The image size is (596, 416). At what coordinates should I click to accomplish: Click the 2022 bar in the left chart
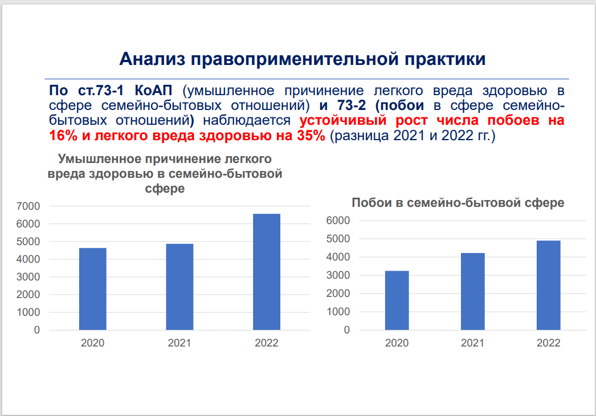point(267,272)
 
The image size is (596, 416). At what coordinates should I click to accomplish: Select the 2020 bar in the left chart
point(93,289)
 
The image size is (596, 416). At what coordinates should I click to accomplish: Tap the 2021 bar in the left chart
point(180,287)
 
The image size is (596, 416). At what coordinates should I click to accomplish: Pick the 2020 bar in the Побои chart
point(397,300)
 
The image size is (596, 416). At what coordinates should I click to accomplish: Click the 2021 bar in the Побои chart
point(473,292)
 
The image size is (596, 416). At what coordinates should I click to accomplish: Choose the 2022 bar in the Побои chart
point(549,285)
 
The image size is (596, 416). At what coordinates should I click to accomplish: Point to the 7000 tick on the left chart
point(28,206)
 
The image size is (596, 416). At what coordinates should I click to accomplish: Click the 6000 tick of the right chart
point(338,221)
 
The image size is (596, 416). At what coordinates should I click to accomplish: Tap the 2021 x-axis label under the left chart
point(179,343)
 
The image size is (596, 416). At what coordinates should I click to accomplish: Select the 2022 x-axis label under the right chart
point(549,343)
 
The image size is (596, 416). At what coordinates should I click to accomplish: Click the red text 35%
point(311,136)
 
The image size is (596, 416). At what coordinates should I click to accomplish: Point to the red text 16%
point(63,136)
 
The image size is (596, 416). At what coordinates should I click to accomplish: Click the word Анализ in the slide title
point(153,59)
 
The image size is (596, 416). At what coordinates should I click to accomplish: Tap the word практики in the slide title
point(445,59)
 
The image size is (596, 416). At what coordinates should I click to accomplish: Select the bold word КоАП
point(153,91)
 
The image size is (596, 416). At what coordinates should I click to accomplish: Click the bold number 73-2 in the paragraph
point(352,105)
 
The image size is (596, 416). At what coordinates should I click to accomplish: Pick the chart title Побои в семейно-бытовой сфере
point(458,203)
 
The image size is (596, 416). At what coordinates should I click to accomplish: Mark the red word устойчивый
point(343,120)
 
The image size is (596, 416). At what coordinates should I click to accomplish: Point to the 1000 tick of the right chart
point(338,312)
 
